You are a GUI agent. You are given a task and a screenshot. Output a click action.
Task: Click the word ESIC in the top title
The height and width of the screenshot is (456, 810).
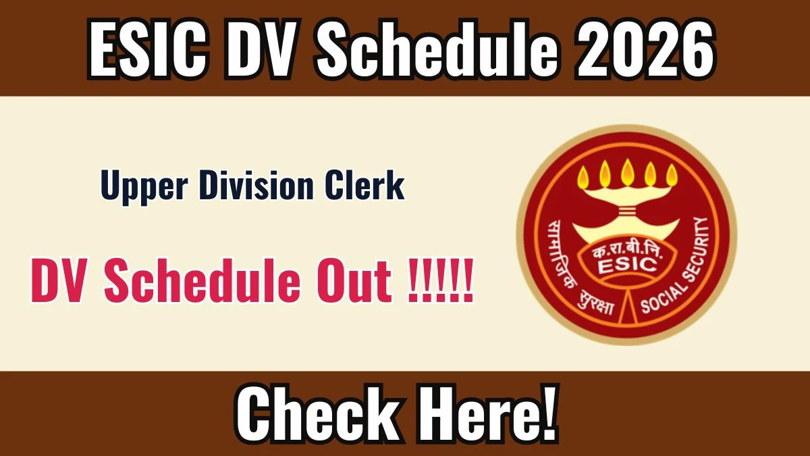tap(149, 48)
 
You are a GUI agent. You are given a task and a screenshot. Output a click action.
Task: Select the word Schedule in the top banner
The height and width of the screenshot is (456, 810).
tap(437, 48)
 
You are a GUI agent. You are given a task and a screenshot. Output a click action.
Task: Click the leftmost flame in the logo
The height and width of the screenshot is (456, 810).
tap(583, 176)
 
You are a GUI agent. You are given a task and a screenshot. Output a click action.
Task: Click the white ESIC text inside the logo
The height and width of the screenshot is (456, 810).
tap(627, 266)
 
